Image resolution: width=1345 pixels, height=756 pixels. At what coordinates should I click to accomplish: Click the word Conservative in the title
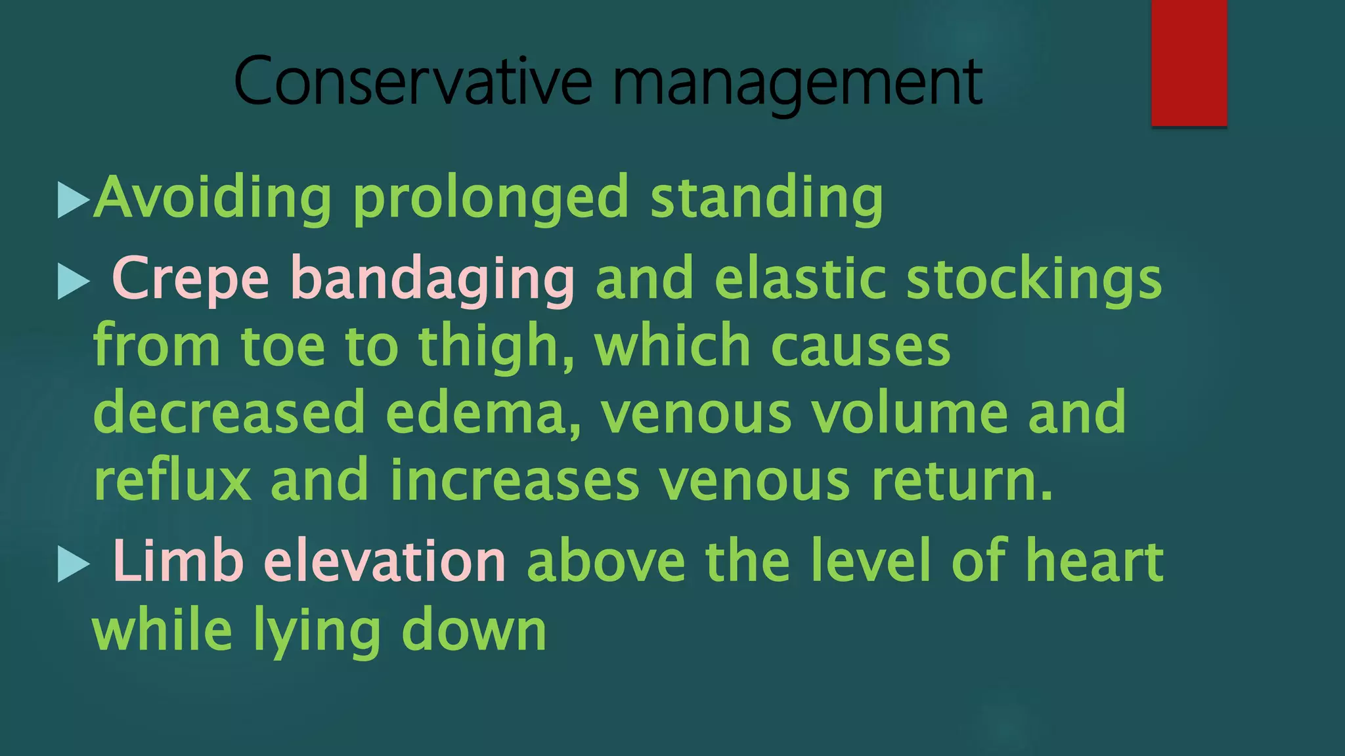tap(412, 81)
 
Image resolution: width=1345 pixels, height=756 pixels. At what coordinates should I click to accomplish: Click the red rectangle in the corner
tap(1189, 63)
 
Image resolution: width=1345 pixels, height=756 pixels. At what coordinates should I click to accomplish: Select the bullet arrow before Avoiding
tap(73, 199)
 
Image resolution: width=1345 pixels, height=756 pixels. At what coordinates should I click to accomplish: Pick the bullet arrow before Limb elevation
tap(73, 564)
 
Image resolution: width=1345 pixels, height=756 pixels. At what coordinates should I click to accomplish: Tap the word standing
tap(766, 199)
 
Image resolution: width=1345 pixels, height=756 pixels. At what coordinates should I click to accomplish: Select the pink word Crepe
tap(190, 280)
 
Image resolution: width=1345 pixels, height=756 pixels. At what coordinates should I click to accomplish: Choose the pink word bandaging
tap(433, 282)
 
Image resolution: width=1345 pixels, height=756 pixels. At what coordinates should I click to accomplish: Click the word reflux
tap(173, 481)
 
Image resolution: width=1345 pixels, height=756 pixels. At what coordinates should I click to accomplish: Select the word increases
tap(514, 481)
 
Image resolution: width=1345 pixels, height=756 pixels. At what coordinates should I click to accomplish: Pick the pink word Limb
tap(178, 562)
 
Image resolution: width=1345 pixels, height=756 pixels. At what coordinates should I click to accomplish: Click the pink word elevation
tap(385, 562)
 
